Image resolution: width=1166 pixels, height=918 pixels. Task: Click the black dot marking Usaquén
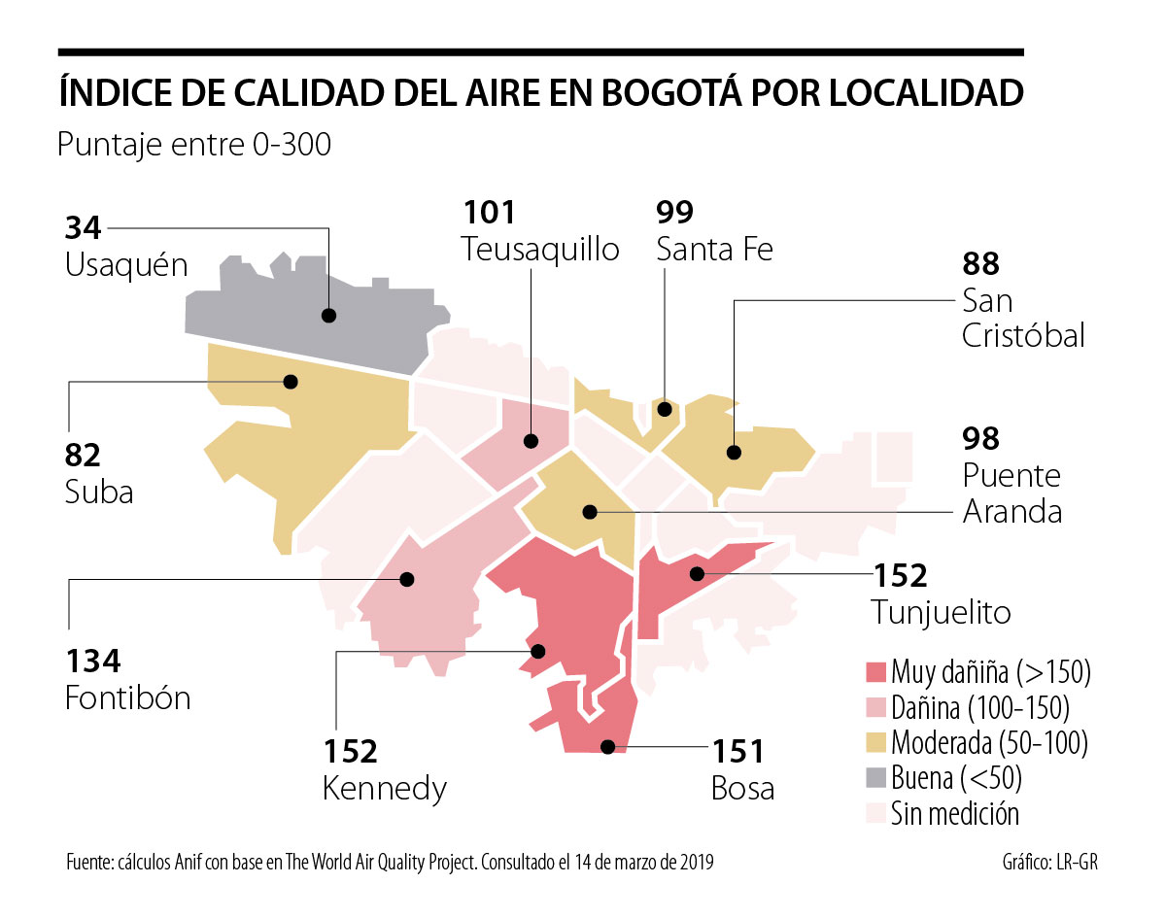328,316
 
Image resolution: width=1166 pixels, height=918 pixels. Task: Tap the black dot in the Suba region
290,382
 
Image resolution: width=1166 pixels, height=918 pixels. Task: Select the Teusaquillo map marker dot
531,441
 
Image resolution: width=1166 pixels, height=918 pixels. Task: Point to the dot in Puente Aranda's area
589,512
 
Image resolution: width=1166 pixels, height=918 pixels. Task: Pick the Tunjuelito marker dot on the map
696,574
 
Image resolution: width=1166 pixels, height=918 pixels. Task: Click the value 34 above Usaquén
83,228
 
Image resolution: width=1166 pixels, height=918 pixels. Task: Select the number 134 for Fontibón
92,662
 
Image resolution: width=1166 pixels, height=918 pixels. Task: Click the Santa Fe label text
714,249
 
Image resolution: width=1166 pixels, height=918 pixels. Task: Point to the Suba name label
99,492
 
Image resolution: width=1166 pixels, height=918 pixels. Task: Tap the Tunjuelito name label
941,612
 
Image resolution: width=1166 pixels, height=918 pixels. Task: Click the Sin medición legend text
955,813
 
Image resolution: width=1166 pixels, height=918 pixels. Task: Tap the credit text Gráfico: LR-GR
1055,862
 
